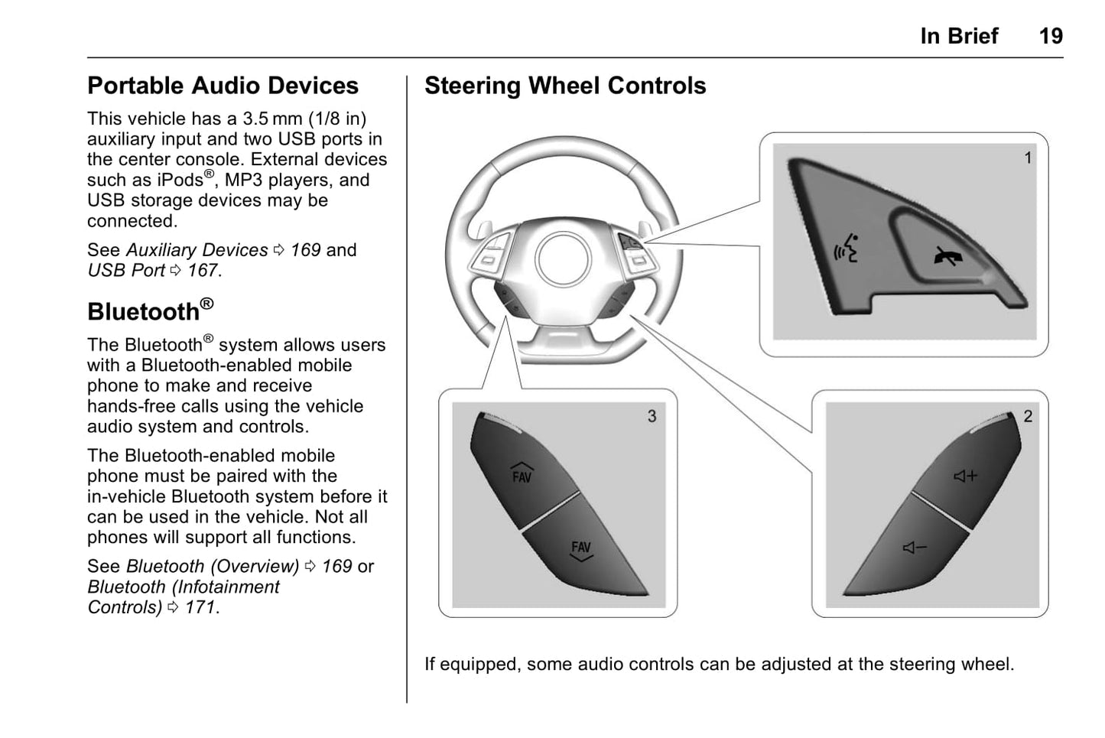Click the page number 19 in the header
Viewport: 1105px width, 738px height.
click(x=1050, y=36)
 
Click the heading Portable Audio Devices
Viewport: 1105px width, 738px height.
click(x=223, y=86)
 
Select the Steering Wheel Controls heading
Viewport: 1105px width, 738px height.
click(x=565, y=86)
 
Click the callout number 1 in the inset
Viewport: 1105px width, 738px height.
click(x=1028, y=158)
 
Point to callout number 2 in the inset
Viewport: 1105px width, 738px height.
click(x=1028, y=416)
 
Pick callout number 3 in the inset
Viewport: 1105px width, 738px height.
click(x=652, y=416)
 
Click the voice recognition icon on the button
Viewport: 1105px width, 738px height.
click(x=845, y=249)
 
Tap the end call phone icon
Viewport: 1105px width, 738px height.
click(x=947, y=256)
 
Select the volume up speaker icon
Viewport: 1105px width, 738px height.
click(x=965, y=476)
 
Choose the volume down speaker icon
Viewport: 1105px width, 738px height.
click(x=915, y=548)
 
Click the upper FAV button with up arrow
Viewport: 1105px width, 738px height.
click(x=522, y=474)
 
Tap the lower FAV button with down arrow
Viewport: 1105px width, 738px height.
click(x=581, y=551)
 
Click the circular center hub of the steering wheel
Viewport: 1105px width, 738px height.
click(x=564, y=259)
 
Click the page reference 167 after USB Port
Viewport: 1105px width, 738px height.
click(x=203, y=271)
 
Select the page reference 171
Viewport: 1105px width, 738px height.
click(x=200, y=607)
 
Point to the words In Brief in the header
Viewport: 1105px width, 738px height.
click(x=959, y=36)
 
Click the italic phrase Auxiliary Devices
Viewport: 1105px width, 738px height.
click(x=197, y=250)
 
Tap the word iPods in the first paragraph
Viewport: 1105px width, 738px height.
click(x=180, y=180)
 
